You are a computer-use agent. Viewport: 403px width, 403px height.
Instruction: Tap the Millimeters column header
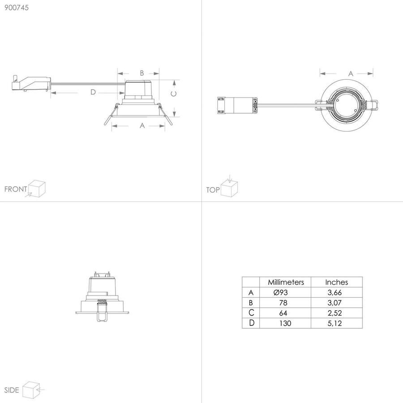286,282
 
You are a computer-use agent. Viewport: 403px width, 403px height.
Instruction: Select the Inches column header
336,282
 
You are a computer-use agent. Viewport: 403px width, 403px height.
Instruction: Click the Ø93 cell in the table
286,292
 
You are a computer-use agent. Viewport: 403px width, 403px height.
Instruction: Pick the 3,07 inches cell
336,303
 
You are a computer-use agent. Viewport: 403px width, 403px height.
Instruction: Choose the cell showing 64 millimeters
286,313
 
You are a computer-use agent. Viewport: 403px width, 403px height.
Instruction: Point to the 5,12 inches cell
336,323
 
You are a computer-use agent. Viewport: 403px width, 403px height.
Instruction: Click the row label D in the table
251,323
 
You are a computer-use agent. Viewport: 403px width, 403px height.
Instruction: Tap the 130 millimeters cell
286,323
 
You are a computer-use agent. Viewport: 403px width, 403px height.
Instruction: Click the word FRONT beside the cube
15,189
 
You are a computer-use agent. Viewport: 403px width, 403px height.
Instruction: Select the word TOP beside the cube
213,190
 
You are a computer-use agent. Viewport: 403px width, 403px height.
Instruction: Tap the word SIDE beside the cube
12,390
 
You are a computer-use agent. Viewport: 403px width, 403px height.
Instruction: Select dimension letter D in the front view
93,92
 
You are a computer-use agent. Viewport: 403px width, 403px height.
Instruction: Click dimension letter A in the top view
351,73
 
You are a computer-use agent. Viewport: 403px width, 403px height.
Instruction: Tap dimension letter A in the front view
142,126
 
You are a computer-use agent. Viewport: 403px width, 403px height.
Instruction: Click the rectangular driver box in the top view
237,106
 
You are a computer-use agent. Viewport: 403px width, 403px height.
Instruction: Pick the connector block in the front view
29,84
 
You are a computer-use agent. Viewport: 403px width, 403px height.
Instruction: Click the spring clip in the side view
102,310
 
